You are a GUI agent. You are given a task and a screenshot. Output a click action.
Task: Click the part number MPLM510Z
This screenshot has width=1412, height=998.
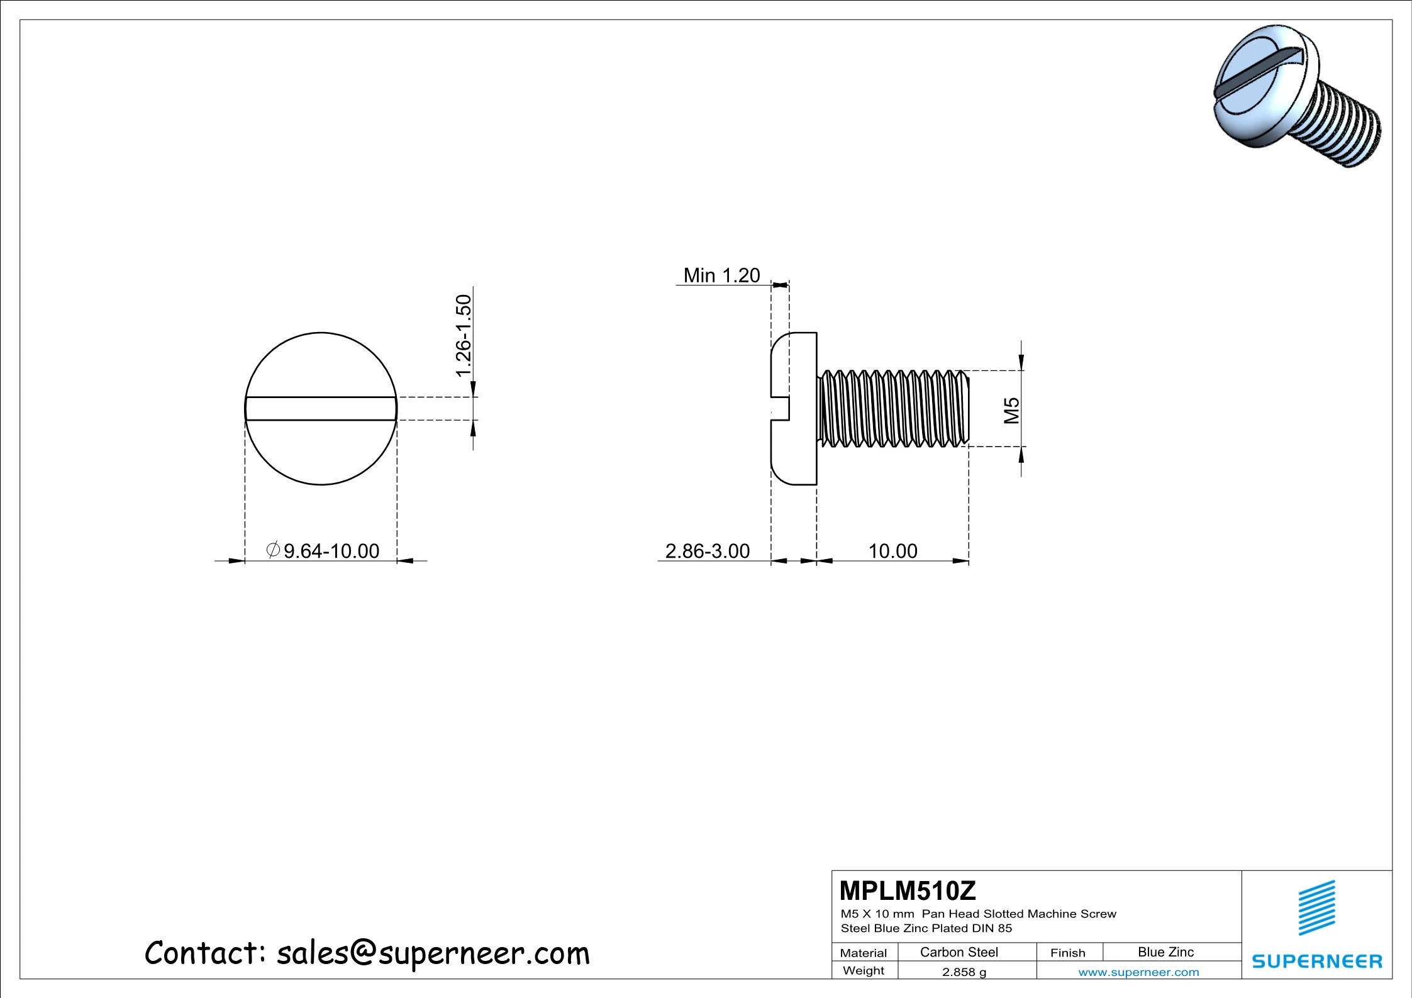907,891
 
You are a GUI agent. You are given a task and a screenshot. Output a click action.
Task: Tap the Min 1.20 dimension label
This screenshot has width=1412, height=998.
721,275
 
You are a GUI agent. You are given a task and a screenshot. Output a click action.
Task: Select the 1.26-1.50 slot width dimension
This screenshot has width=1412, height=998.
464,336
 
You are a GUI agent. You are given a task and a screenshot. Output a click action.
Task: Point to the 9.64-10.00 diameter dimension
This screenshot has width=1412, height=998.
331,551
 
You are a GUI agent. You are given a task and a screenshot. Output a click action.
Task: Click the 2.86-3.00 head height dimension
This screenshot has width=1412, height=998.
708,551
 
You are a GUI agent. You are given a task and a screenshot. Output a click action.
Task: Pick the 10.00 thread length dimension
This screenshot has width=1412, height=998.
892,551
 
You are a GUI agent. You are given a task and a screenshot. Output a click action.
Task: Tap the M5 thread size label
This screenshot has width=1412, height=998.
1011,410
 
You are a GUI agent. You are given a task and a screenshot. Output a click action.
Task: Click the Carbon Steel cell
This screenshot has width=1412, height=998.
959,952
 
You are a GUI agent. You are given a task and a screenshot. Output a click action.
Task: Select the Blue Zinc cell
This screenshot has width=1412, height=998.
1165,952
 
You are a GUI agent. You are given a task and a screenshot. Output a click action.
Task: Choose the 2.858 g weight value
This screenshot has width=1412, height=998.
964,972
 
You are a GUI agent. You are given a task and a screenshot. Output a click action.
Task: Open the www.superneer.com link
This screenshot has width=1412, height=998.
1138,972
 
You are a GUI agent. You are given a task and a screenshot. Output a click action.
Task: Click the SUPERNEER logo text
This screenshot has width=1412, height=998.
1316,961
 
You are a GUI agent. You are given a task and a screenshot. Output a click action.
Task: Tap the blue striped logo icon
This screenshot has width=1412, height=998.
1316,907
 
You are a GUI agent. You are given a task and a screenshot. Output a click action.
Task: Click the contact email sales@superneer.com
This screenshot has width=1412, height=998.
433,953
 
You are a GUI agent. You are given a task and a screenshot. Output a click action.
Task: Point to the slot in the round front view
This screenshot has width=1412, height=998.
321,409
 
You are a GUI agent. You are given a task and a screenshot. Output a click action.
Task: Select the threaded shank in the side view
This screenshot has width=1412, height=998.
893,409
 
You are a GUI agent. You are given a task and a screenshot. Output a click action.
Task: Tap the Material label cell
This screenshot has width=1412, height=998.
863,953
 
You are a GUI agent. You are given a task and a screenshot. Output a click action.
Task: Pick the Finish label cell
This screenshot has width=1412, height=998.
1067,953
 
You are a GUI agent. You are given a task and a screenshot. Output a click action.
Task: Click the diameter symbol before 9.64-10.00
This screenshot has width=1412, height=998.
273,550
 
